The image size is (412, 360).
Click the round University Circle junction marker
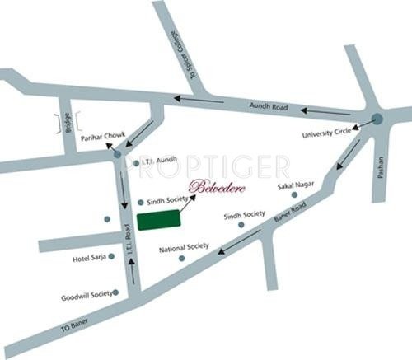coord(377,119)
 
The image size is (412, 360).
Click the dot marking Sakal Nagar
coord(293,195)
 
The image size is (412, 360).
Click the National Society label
coord(185,246)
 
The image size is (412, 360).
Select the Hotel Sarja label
coord(90,259)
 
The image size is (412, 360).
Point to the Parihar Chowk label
coord(101,138)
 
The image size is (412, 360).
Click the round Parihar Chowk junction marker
coord(116,153)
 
